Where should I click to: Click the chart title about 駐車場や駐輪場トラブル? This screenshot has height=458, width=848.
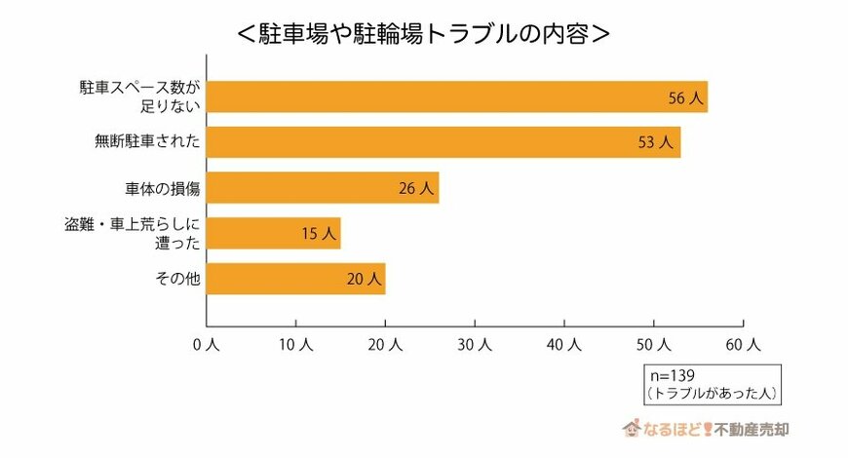point(424,33)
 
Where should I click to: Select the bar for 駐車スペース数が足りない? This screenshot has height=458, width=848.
point(456,96)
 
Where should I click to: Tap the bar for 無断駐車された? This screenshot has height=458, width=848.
point(443,142)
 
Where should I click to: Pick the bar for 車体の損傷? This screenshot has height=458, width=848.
point(323,188)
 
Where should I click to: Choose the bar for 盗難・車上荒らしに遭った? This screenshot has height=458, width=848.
point(274,233)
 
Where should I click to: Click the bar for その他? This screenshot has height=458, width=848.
point(296,279)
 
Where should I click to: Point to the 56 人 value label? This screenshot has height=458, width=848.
point(683,97)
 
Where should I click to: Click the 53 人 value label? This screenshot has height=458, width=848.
point(656,142)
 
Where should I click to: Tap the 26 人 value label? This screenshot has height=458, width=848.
point(415,188)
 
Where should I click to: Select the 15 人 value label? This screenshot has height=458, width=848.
point(318,234)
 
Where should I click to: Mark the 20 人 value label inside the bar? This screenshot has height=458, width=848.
point(363,280)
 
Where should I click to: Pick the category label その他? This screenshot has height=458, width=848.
point(177,279)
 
